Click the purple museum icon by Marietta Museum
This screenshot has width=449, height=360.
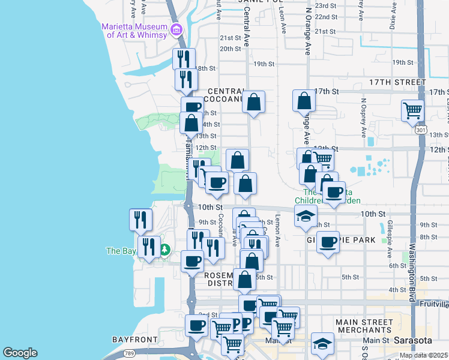pyautogui.click(x=176, y=29)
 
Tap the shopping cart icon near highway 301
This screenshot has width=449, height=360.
pyautogui.click(x=413, y=110)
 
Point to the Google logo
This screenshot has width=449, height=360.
pyautogui.click(x=20, y=353)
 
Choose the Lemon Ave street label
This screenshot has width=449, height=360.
pyautogui.click(x=278, y=231)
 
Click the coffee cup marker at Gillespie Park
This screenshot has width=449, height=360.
pyautogui.click(x=328, y=242)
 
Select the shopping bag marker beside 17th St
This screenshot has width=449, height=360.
pyautogui.click(x=304, y=101)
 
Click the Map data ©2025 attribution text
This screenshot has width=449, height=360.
pyautogui.click(x=423, y=355)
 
